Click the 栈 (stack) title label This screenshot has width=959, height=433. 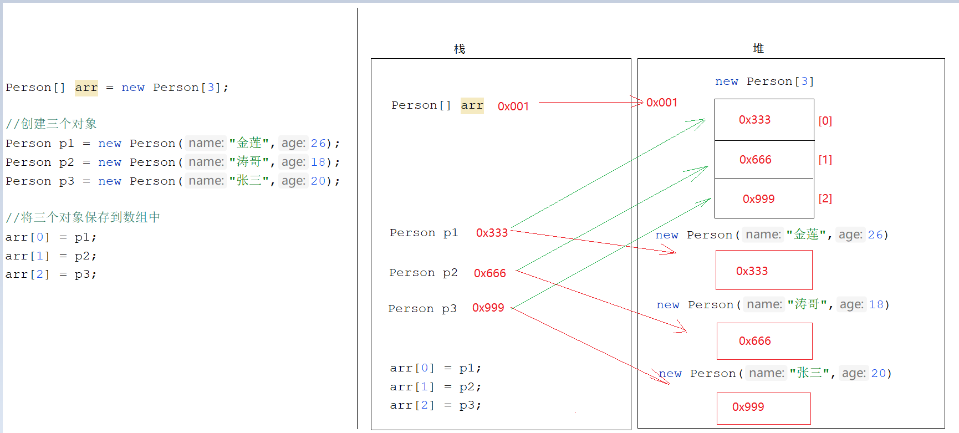460,49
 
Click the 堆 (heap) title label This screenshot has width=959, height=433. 758,49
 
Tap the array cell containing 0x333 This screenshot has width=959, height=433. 764,120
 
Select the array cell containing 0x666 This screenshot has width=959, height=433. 764,160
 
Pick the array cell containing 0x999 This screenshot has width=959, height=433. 764,198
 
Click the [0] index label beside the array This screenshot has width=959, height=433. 825,121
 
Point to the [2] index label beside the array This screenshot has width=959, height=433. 825,198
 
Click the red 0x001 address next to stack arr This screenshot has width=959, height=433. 513,106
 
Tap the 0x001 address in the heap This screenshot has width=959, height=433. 661,103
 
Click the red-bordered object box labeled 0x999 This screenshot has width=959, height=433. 763,408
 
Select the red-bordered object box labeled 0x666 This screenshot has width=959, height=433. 764,341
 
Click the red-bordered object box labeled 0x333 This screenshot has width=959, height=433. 763,270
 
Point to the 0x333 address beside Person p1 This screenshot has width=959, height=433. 492,233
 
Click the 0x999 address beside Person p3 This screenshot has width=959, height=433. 488,308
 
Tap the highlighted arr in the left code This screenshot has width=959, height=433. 86,88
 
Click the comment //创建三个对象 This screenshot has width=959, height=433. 51,124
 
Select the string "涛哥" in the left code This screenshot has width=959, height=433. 249,162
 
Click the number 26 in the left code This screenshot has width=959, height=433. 318,143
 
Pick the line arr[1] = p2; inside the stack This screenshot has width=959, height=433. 435,387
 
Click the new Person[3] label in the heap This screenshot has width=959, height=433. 764,81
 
